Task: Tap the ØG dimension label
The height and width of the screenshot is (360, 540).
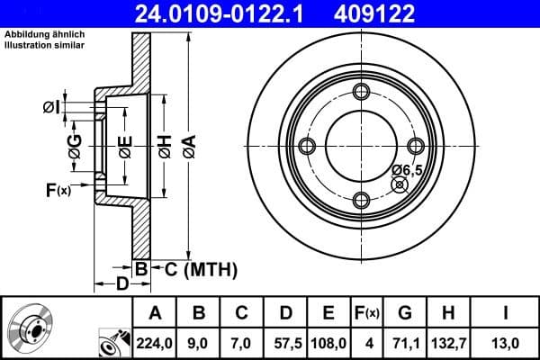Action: coord(76,144)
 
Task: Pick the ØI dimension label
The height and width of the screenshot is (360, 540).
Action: coord(52,108)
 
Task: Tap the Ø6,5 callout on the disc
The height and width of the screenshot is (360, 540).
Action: coord(407,170)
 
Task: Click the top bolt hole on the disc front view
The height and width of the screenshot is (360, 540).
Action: coord(361,92)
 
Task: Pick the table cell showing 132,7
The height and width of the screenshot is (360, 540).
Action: coord(447,342)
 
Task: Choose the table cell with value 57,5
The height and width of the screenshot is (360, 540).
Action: coord(285,342)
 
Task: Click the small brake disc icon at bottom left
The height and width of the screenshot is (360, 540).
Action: coord(28,329)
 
